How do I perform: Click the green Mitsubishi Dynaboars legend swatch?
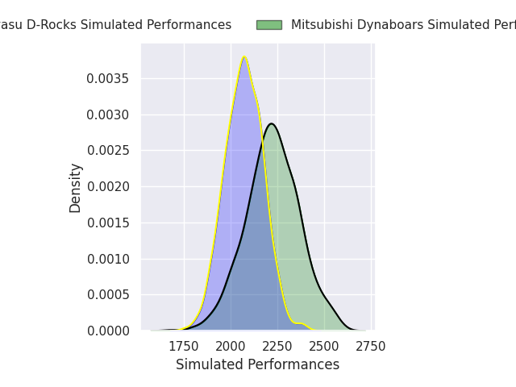[269, 25]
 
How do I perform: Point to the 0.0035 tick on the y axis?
[109, 79]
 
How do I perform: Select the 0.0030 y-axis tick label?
[109, 115]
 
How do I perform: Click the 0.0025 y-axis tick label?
[109, 151]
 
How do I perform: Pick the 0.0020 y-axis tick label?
[109, 187]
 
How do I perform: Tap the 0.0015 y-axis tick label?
[109, 223]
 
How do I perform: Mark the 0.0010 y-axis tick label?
[109, 259]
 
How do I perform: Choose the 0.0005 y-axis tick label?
[109, 295]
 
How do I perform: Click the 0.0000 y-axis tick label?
[109, 331]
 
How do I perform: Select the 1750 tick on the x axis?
[184, 347]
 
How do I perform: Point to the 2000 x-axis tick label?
[231, 347]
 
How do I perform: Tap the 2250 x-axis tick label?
[277, 347]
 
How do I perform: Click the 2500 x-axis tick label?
[324, 347]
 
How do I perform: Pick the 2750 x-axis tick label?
[371, 347]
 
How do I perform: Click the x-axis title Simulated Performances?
[257, 365]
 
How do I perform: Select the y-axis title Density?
[76, 188]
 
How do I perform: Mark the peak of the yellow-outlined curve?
[244, 57]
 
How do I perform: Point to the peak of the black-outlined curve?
[272, 123]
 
